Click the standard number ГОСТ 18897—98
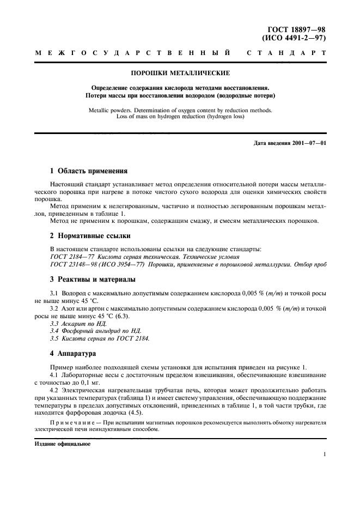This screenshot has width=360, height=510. coord(297,31)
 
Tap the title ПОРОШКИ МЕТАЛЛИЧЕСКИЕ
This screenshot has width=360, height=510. coord(180,72)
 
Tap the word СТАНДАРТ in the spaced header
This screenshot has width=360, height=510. coord(286,53)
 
